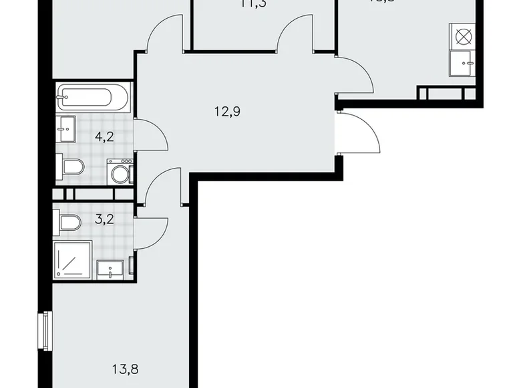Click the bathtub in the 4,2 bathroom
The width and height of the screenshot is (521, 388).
(x=93, y=99)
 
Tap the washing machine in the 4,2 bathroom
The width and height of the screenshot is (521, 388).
(x=121, y=173)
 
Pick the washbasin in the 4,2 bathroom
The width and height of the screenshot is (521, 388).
(x=67, y=128)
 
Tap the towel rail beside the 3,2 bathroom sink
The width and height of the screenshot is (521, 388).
(x=132, y=266)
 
